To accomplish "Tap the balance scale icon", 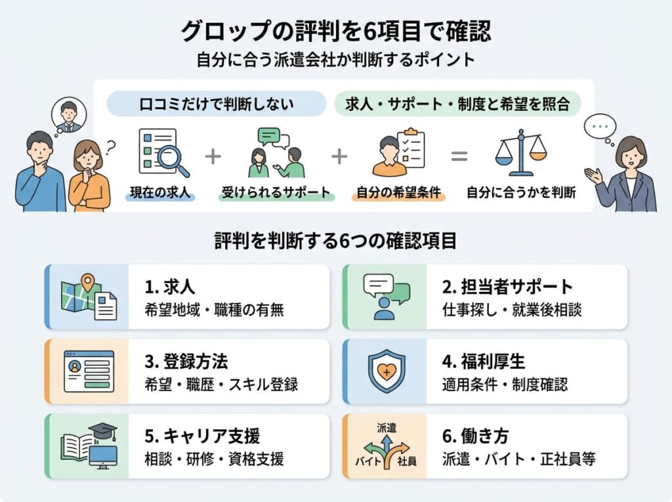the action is click(520, 153).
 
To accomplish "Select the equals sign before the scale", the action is click(459, 156).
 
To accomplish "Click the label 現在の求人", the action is click(160, 192).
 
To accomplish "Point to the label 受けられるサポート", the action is click(276, 192).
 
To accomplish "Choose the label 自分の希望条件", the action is click(398, 192).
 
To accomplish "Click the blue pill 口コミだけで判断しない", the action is click(217, 104).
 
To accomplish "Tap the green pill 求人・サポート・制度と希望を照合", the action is click(457, 104).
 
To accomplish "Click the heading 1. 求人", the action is click(170, 287).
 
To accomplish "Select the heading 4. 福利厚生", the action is click(484, 362).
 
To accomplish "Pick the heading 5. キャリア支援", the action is click(202, 436).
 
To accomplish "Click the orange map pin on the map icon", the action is click(87, 283).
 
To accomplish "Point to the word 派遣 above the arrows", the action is click(387, 428).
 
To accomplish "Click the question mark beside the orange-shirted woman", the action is click(110, 148).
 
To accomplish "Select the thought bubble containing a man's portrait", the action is click(68, 114).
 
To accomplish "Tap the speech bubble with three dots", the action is click(600, 127).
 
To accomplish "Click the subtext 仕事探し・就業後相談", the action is click(512, 310).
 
